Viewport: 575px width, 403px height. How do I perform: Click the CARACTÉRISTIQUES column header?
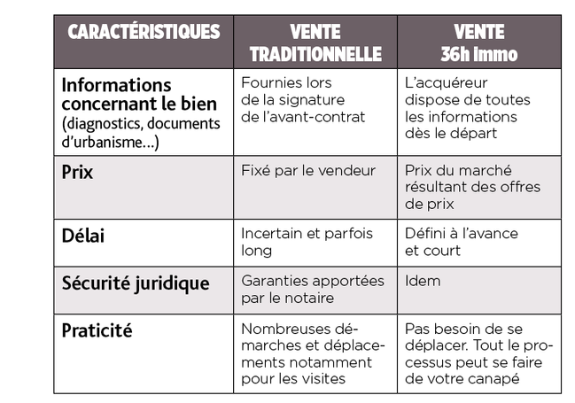[144, 33]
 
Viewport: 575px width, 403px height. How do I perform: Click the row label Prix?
[77, 173]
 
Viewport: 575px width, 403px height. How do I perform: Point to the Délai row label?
[81, 235]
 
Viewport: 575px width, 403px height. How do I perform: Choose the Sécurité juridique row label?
[136, 283]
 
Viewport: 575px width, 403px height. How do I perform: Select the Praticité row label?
[97, 331]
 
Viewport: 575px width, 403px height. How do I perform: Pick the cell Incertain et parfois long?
[307, 242]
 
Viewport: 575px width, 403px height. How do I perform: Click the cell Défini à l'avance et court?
[461, 242]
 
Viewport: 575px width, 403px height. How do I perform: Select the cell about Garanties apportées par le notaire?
[312, 290]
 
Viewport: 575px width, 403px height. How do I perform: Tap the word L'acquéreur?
[446, 83]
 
